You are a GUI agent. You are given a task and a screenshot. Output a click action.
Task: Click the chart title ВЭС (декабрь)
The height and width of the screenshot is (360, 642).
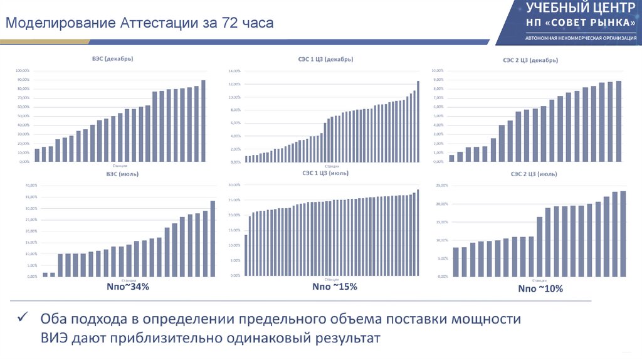pos(113,59)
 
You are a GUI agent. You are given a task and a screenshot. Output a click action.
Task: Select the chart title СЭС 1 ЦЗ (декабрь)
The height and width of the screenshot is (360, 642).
pos(325,60)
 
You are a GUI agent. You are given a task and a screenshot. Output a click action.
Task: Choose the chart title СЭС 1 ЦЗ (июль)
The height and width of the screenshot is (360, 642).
pos(325,172)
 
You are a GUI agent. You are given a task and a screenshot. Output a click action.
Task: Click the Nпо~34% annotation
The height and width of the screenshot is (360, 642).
pos(128,287)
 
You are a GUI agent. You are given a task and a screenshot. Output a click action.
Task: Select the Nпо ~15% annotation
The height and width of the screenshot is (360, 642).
pos(335,287)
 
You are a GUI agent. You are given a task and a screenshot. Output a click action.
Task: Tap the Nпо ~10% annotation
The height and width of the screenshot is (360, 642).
pos(540,289)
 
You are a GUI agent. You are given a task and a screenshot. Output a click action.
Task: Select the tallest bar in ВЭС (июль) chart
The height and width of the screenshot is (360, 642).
pos(213,238)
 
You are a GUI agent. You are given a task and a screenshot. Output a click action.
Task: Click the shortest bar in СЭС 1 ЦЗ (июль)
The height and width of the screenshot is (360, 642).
pos(246,255)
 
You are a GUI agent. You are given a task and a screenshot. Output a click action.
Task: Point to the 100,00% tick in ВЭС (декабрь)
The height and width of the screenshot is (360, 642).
pos(23,70)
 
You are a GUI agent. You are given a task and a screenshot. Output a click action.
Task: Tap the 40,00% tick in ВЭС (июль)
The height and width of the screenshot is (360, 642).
pos(31,186)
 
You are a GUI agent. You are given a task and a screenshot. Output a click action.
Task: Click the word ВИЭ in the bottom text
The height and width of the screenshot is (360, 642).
pos(56,339)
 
